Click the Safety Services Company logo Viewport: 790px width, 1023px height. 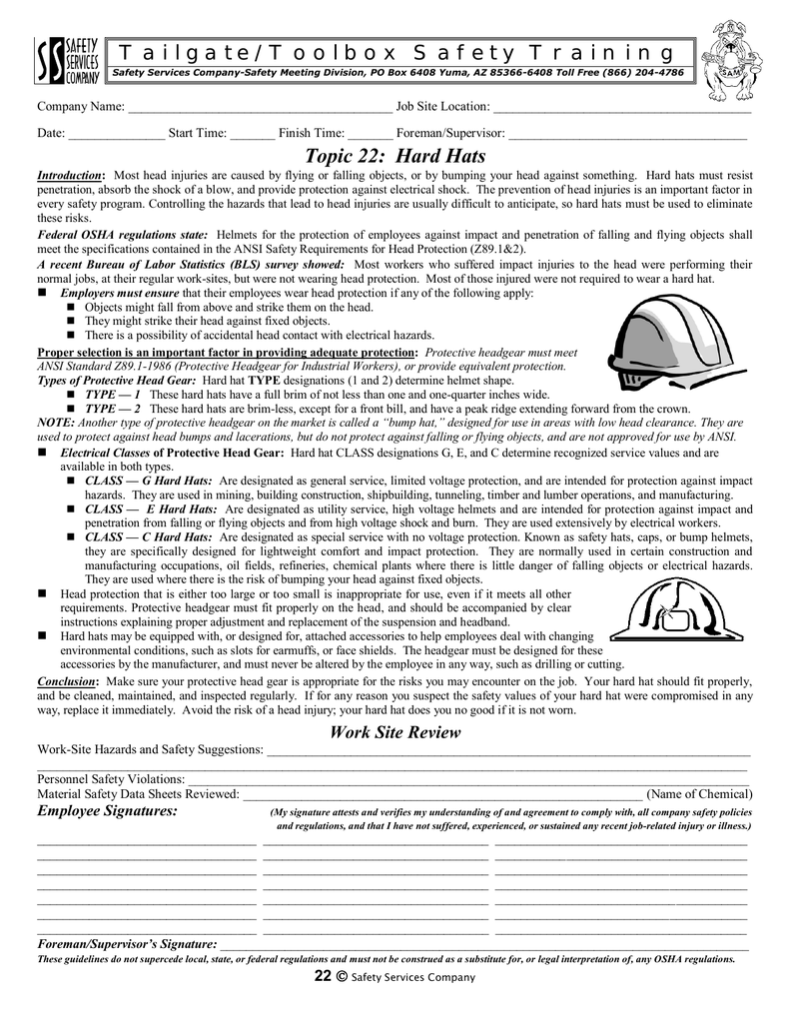(68, 61)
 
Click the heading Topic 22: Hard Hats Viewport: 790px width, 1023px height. (395, 156)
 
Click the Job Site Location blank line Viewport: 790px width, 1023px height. (621, 108)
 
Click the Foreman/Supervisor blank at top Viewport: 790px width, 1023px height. (627, 133)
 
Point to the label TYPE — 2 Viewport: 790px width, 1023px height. (112, 410)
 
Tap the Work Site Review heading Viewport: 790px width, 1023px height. (395, 733)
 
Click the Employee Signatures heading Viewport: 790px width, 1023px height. (108, 811)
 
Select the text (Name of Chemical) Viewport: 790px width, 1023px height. (699, 794)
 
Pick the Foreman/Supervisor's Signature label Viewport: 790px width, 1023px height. (127, 944)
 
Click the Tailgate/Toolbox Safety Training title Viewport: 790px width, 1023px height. (395, 52)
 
